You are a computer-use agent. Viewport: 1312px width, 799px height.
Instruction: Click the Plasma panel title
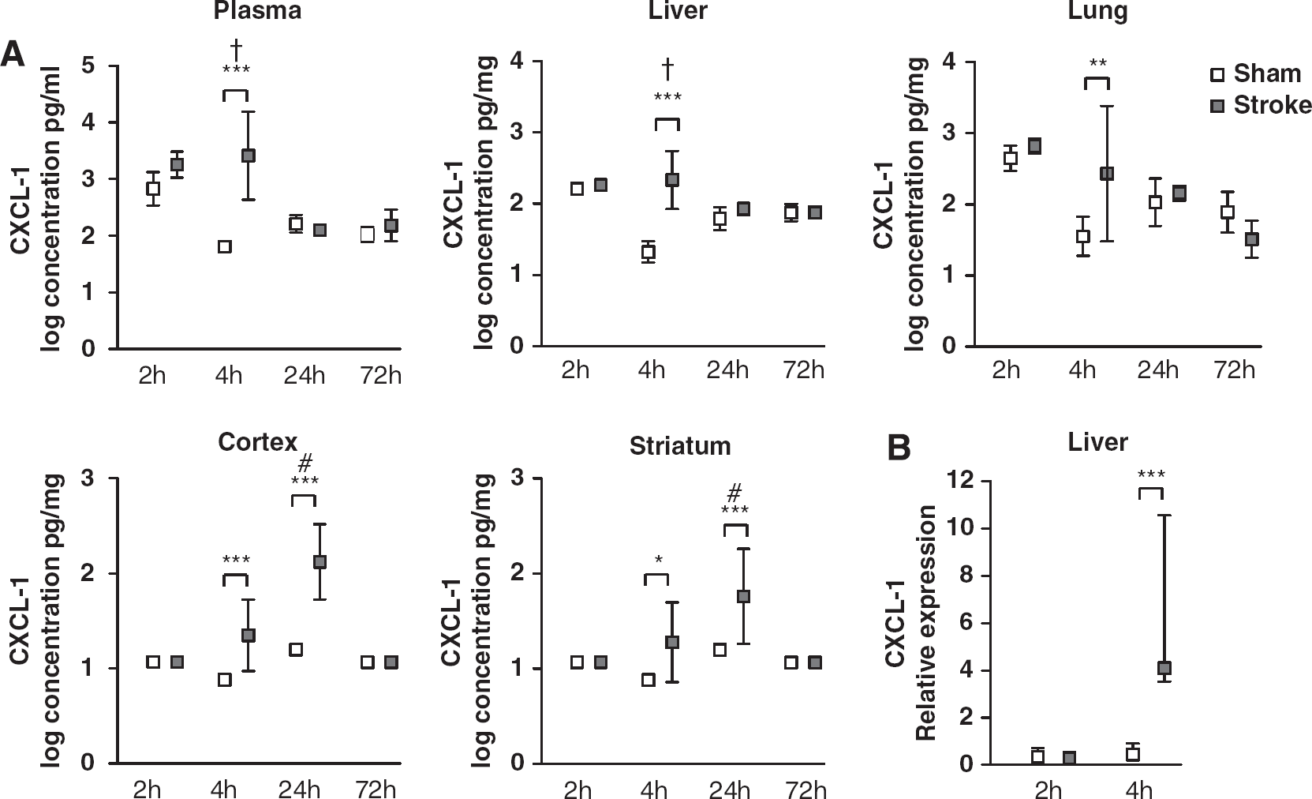257,10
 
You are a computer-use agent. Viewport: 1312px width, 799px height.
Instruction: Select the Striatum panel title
680,446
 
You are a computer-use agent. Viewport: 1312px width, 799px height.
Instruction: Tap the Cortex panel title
258,441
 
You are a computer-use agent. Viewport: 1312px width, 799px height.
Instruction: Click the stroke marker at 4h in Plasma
248,156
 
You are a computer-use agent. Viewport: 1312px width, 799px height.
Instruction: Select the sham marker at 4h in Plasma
224,246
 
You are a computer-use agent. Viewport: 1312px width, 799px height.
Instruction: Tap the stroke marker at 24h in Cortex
320,561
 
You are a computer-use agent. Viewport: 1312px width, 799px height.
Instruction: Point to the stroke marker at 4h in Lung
1106,174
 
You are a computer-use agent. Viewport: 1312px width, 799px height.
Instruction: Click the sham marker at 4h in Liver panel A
648,252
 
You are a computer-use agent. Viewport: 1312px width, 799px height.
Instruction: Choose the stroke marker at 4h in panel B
1164,668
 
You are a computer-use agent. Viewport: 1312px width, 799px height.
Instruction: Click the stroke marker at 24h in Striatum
743,596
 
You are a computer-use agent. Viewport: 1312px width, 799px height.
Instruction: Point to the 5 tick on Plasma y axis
88,66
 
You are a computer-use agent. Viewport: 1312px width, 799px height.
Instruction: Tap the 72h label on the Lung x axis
1234,370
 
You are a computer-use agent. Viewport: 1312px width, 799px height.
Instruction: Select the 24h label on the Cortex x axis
299,789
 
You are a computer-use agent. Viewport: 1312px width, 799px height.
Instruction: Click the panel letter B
899,448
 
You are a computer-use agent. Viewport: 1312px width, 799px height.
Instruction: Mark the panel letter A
13,55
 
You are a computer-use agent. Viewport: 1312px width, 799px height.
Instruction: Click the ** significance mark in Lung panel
1097,62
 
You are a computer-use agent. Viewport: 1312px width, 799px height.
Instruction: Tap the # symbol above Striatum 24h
734,493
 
